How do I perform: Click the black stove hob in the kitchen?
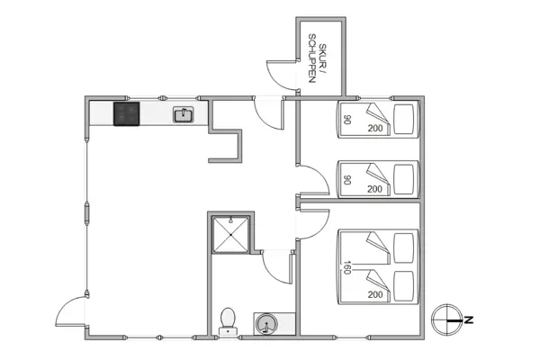pyautogui.click(x=127, y=114)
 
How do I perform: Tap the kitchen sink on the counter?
pyautogui.click(x=184, y=114)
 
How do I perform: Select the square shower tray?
pyautogui.click(x=231, y=236)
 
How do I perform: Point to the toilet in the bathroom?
pyautogui.click(x=229, y=319)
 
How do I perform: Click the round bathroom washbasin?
pyautogui.click(x=266, y=322)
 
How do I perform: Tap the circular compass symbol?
pyautogui.click(x=446, y=318)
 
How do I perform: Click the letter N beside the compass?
pyautogui.click(x=468, y=318)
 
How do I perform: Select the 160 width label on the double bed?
pyautogui.click(x=346, y=267)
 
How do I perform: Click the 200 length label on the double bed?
pyautogui.click(x=375, y=294)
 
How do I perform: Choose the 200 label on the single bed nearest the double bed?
pyautogui.click(x=375, y=190)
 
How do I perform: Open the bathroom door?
pyautogui.click(x=276, y=266)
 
